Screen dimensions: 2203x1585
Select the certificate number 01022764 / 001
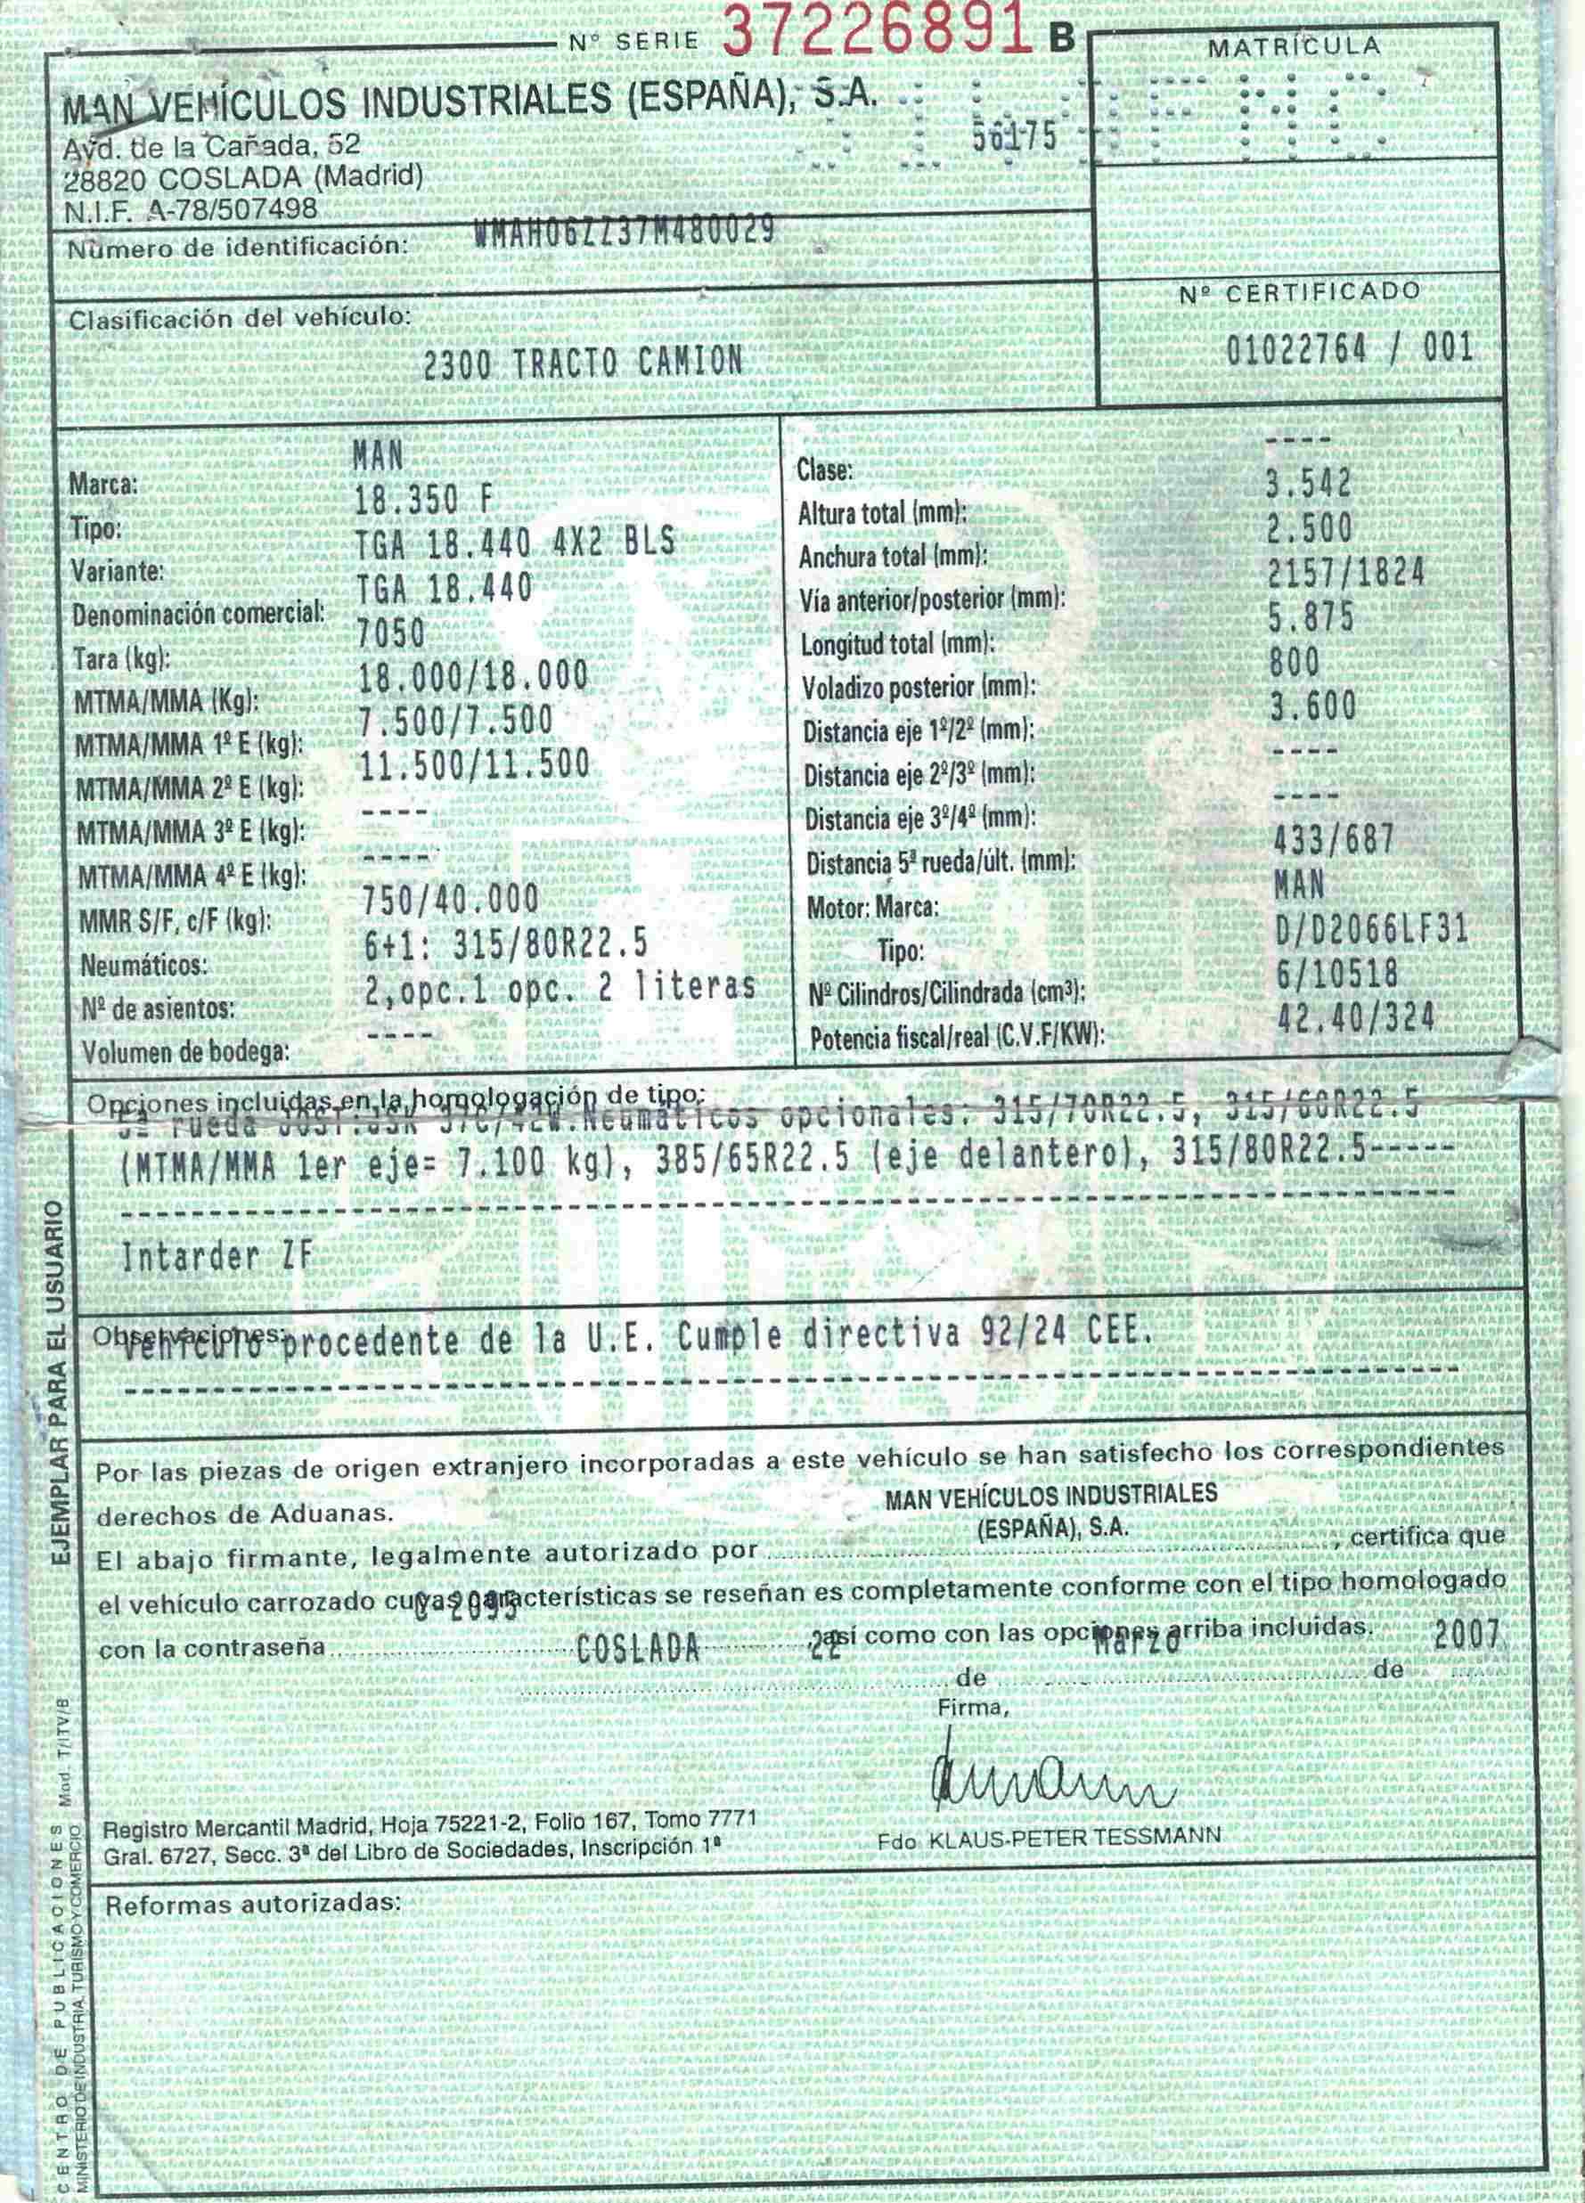pyautogui.click(x=1349, y=348)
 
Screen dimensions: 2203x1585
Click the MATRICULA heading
pyautogui.click(x=1294, y=46)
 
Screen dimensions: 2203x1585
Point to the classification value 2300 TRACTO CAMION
pyautogui.click(x=583, y=363)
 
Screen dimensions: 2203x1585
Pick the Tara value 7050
pyautogui.click(x=392, y=633)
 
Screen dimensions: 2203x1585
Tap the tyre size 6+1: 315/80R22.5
pyautogui.click(x=503, y=943)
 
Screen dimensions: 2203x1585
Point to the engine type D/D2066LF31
pyautogui.click(x=1370, y=932)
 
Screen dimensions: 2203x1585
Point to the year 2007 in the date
pyautogui.click(x=1467, y=1635)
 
